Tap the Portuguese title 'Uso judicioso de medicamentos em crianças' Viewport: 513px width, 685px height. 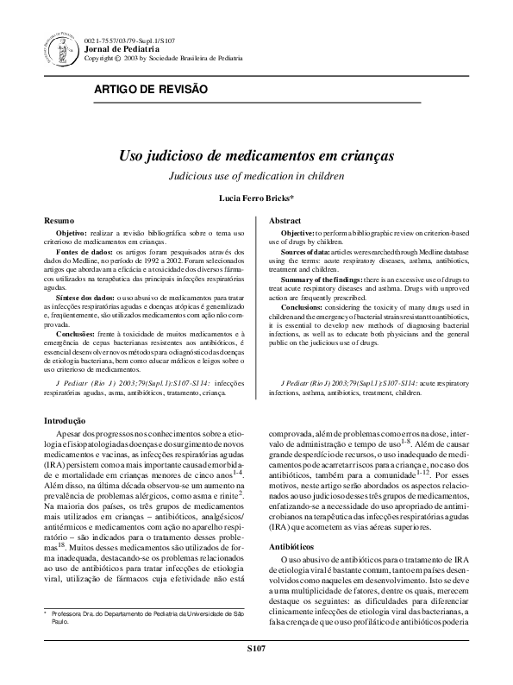[x=256, y=158]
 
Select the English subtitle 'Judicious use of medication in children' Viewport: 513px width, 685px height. [x=256, y=176]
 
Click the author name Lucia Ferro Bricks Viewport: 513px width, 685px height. [x=256, y=198]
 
